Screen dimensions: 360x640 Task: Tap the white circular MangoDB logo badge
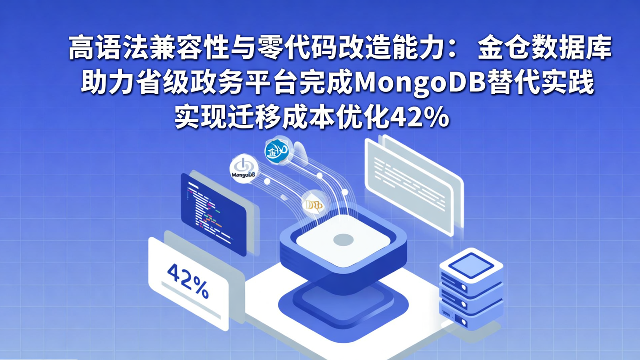coord(243,169)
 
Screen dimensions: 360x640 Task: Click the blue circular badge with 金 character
coord(278,151)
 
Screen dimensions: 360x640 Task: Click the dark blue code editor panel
coord(213,214)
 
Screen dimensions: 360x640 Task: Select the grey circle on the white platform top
coord(343,240)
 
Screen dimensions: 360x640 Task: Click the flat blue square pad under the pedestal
coord(343,302)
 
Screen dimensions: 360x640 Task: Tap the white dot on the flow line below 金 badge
coord(319,176)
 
